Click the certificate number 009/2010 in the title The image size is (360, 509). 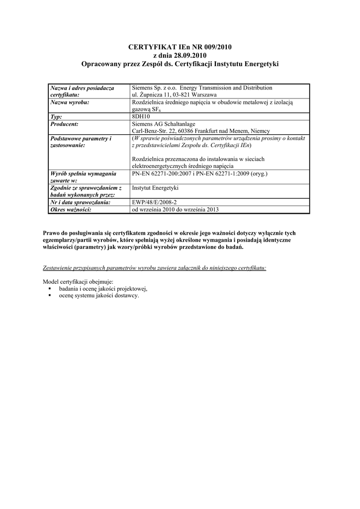tap(216, 47)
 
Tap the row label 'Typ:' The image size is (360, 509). tap(56, 116)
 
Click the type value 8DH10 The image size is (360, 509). tap(141, 116)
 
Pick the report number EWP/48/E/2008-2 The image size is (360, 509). tap(154, 202)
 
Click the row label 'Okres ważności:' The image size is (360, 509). tap(71, 209)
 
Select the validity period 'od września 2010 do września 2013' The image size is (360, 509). tap(175, 209)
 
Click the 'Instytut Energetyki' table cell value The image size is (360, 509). tap(155, 188)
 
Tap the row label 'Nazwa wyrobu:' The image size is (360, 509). tap(70, 102)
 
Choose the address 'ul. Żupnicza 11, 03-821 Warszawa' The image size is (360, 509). tap(174, 94)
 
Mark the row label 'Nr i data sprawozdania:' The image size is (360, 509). tap(80, 202)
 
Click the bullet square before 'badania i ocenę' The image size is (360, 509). tap(50, 289)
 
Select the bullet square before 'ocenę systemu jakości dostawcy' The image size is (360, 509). tap(50, 296)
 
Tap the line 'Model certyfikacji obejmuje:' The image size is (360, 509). tap(79, 281)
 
